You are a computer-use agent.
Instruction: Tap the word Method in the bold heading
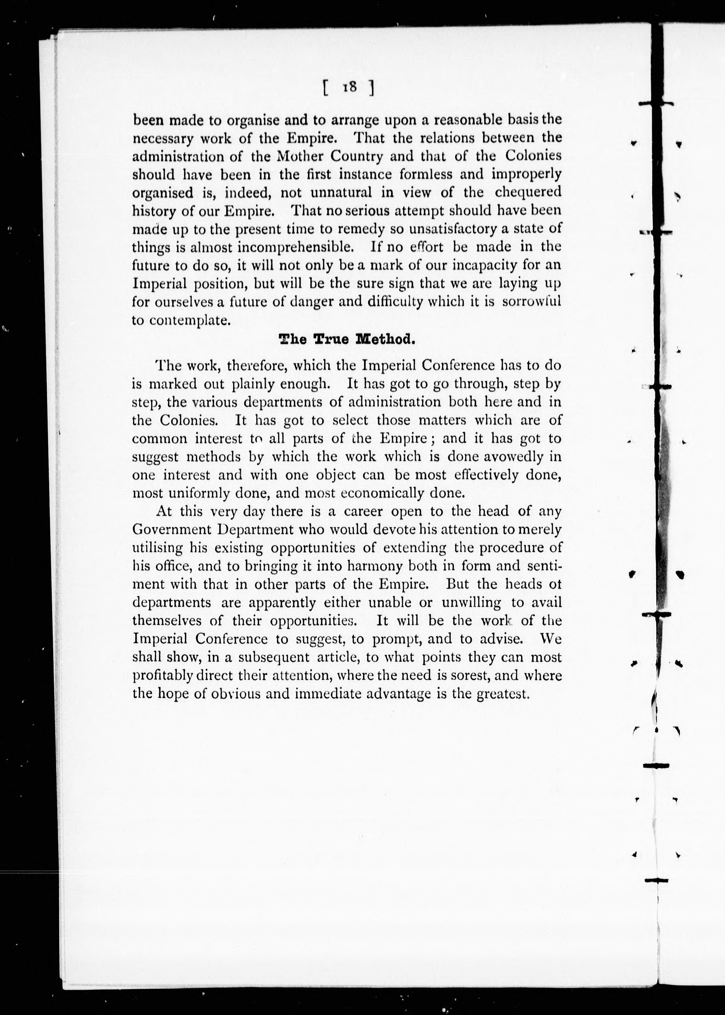coord(385,340)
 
